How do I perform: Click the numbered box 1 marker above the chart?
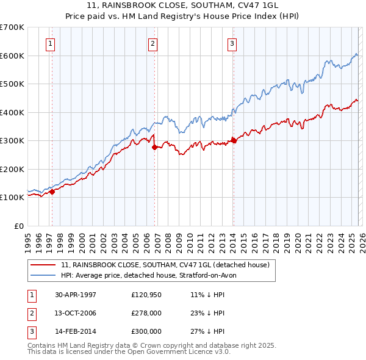click(49, 43)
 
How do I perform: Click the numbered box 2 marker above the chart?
click(152, 43)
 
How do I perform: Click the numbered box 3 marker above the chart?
click(232, 43)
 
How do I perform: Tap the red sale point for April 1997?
click(52, 192)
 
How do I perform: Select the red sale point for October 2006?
click(154, 147)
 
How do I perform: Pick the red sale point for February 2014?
click(234, 140)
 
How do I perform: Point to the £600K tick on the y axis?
click(12, 56)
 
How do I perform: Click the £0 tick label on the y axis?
click(18, 226)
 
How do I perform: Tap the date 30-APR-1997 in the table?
click(76, 295)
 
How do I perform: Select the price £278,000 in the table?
click(146, 313)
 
